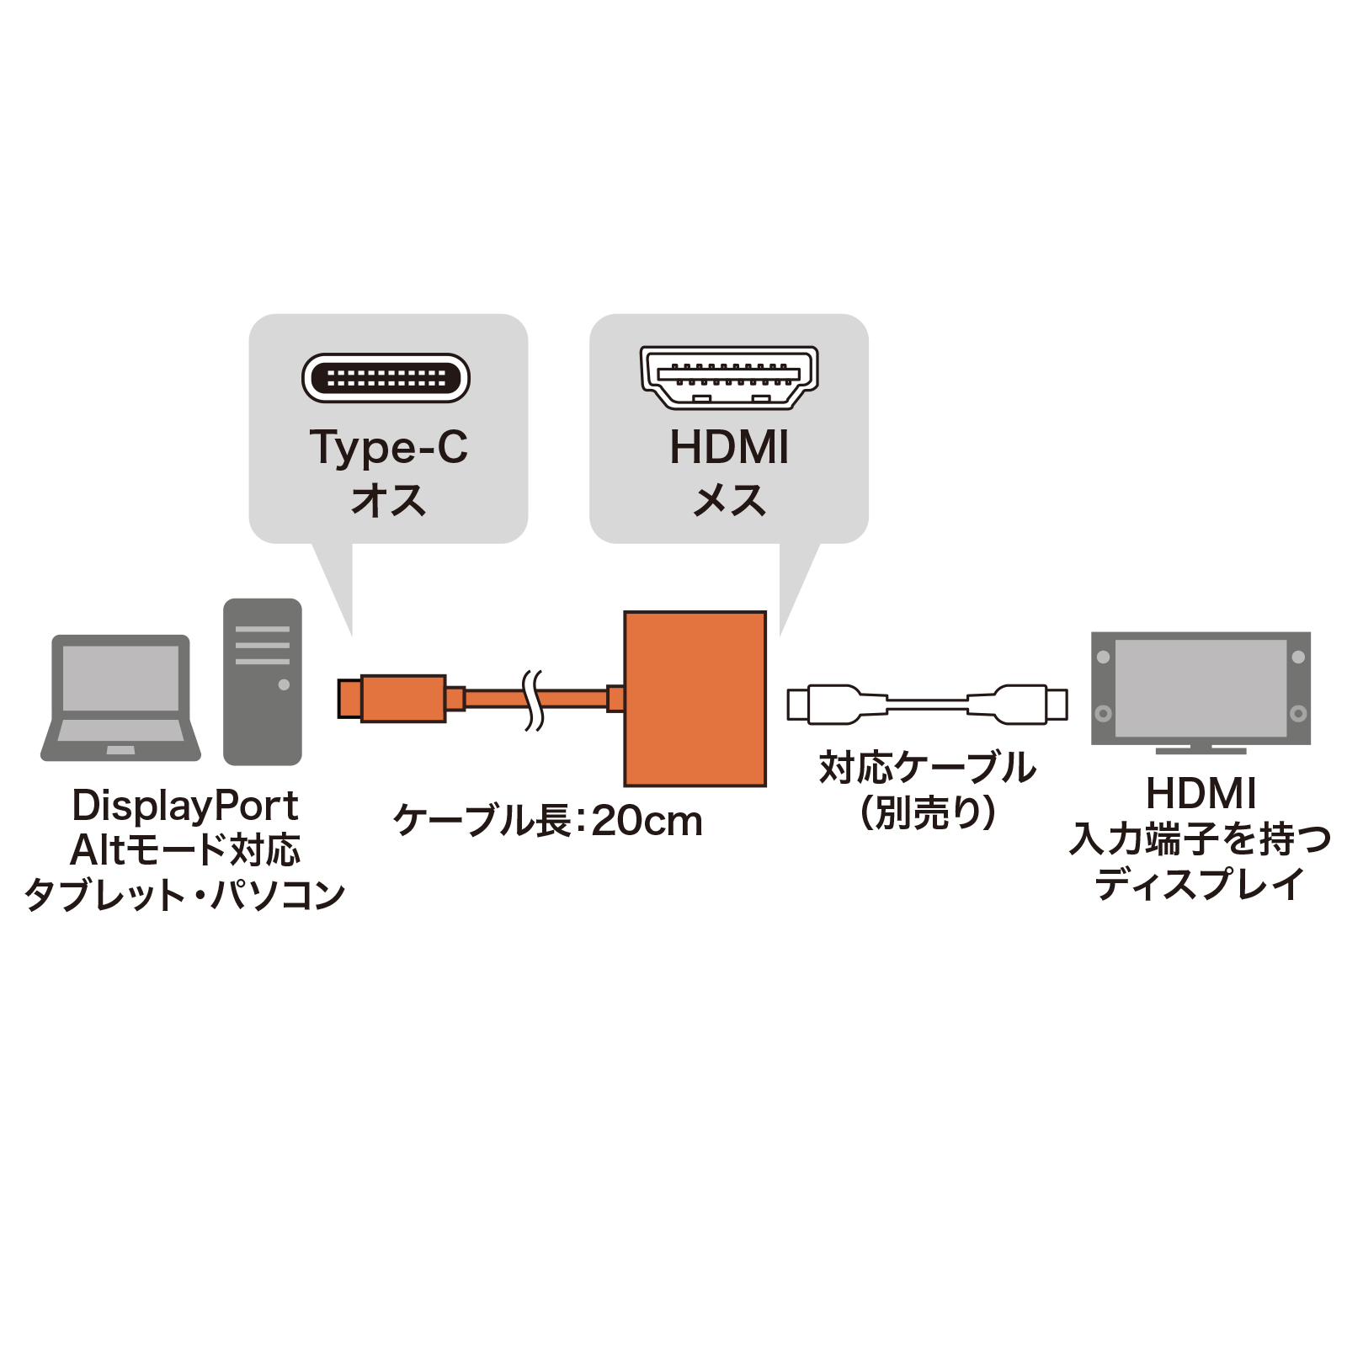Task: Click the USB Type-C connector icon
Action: point(386,378)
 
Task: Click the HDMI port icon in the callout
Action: point(728,377)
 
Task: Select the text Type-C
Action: point(388,447)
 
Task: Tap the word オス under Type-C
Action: point(388,500)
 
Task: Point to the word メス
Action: point(729,500)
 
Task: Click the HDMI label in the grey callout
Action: point(729,447)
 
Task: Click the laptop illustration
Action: point(120,699)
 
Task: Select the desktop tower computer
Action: point(262,682)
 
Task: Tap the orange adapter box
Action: point(695,699)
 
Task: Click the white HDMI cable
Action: point(927,705)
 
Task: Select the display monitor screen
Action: point(1201,688)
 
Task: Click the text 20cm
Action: point(647,821)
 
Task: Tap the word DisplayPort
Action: point(184,806)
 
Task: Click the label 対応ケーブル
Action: point(927,768)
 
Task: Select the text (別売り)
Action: point(927,813)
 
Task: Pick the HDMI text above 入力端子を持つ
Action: point(1201,793)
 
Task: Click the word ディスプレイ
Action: point(1200,884)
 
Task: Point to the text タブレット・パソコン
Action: point(184,894)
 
